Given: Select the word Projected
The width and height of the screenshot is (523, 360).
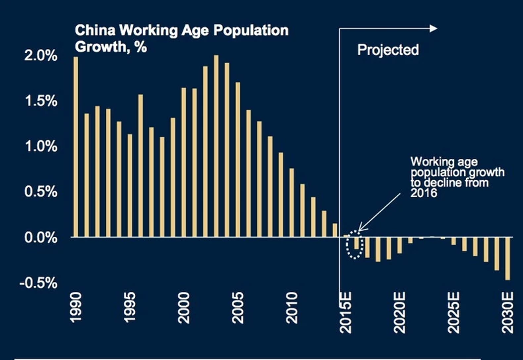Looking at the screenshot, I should pyautogui.click(x=388, y=50).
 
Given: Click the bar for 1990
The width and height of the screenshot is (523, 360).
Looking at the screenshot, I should pyautogui.click(x=76, y=146).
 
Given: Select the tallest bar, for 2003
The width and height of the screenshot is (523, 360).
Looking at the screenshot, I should pyautogui.click(x=216, y=146).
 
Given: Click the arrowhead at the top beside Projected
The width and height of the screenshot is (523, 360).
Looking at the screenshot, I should pyautogui.click(x=433, y=28).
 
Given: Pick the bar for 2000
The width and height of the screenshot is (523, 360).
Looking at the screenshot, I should pyautogui.click(x=184, y=162).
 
